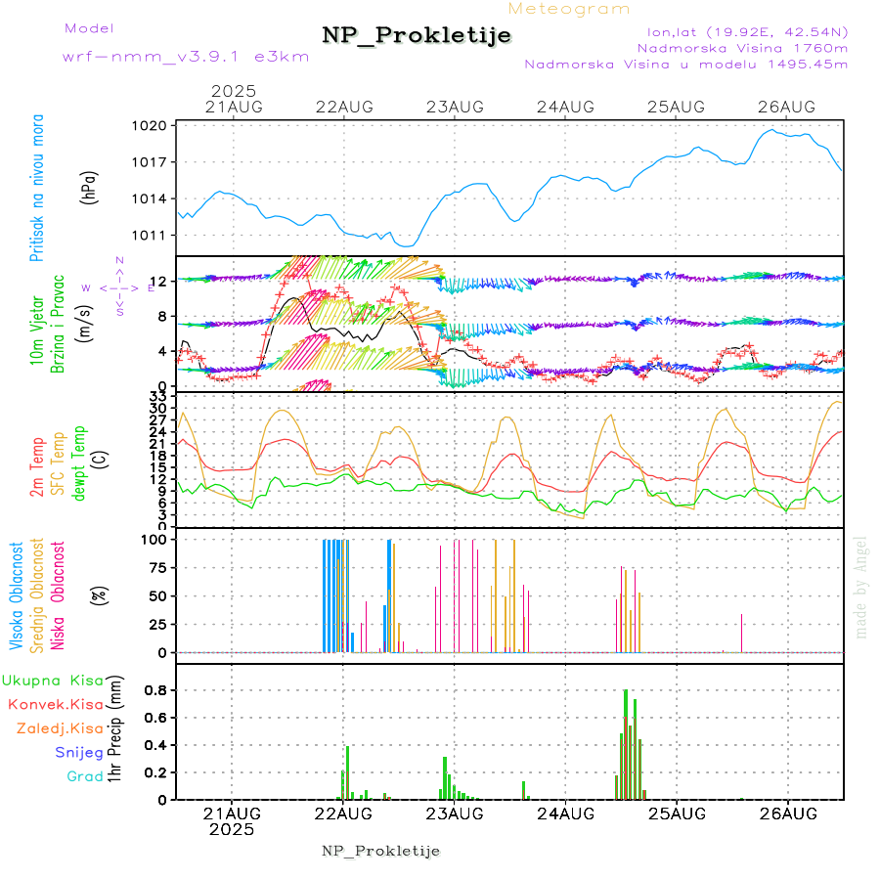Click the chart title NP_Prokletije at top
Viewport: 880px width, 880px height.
[417, 36]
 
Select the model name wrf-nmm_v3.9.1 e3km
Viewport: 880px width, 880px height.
[186, 57]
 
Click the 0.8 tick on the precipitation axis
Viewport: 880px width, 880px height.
[156, 690]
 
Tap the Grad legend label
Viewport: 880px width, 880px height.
[84, 776]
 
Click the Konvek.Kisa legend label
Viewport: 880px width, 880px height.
[55, 704]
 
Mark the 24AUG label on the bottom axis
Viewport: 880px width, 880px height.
[565, 814]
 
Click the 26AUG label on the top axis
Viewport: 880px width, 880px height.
[787, 107]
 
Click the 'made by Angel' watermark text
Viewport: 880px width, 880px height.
[861, 587]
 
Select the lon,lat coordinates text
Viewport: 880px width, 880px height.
[740, 31]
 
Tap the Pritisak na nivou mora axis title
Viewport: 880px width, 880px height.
[38, 192]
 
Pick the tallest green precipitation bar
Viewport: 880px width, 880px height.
[626, 744]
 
